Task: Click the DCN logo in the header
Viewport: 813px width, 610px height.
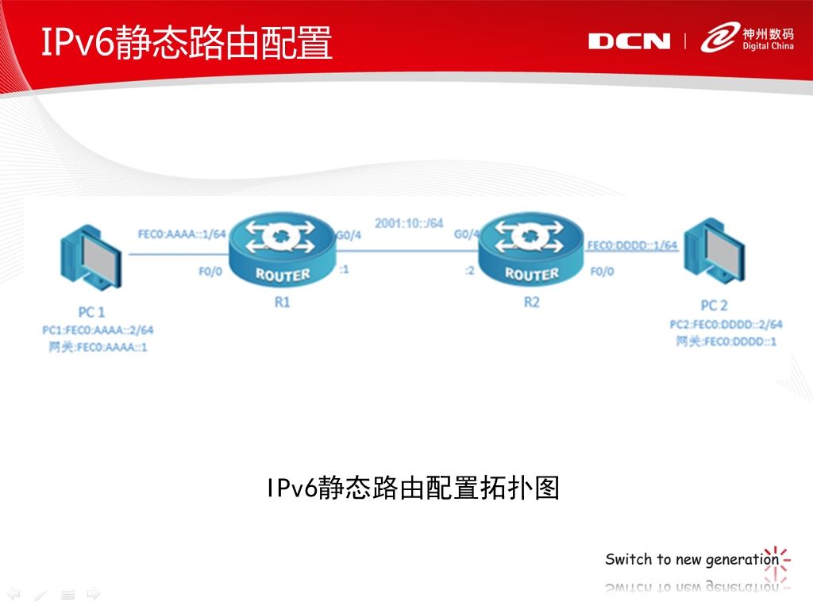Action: click(x=629, y=41)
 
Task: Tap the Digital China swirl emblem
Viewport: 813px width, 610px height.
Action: click(x=719, y=37)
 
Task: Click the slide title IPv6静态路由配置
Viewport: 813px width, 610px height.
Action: click(x=186, y=42)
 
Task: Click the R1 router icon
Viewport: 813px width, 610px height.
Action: click(x=283, y=250)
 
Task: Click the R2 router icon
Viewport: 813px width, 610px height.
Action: click(x=531, y=250)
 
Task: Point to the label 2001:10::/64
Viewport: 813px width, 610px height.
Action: click(x=409, y=223)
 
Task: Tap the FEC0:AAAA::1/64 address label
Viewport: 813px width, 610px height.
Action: click(x=182, y=234)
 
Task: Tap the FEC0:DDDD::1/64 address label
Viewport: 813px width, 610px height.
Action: click(x=632, y=245)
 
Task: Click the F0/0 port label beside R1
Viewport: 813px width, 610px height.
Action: click(x=210, y=272)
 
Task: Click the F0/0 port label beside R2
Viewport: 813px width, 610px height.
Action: click(x=602, y=272)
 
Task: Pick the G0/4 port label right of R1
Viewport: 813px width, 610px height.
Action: click(x=349, y=235)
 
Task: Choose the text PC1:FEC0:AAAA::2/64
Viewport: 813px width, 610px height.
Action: click(x=98, y=330)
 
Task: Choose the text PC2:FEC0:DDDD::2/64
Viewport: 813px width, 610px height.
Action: click(x=726, y=325)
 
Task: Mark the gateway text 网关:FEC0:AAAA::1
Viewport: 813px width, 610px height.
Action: click(x=98, y=347)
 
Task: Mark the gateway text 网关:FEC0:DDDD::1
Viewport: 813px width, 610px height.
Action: click(x=726, y=342)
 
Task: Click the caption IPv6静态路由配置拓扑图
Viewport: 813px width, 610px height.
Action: click(x=413, y=488)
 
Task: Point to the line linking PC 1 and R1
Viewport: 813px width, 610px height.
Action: click(x=179, y=254)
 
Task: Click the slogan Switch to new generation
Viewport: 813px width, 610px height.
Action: click(x=692, y=559)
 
